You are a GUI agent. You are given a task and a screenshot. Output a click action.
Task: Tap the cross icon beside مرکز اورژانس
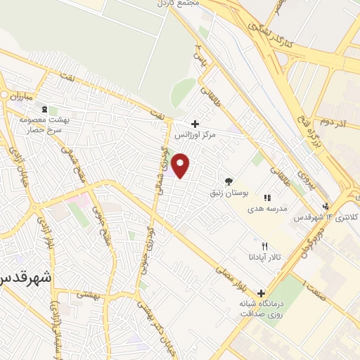(x=195, y=124)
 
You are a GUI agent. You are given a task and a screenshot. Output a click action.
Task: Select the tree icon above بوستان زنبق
(x=228, y=181)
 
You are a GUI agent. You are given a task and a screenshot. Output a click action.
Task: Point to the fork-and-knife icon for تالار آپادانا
(x=264, y=247)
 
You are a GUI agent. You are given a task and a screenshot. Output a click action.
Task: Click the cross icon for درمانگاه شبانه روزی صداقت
(x=262, y=293)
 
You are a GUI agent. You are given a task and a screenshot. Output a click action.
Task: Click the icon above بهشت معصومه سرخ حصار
(x=46, y=109)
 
